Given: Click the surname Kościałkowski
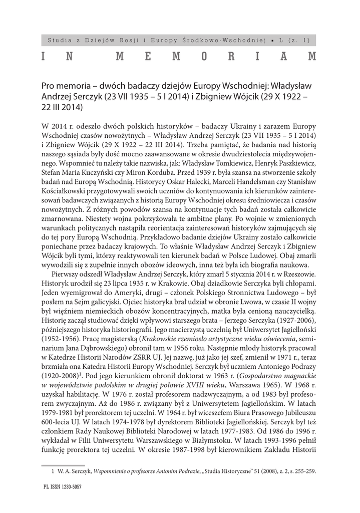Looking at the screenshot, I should coord(65,188).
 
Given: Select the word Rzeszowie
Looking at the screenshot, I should coord(300,274).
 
